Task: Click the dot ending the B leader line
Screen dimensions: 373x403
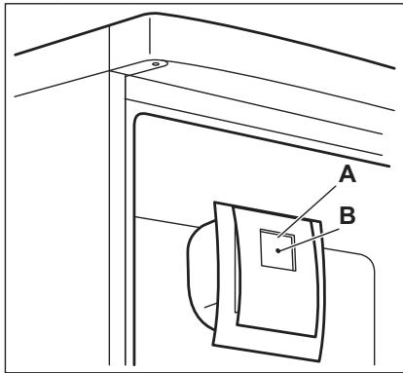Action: coord(279,251)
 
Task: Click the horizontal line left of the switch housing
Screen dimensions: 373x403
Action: coord(165,216)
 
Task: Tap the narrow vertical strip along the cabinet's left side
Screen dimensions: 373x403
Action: coord(117,224)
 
